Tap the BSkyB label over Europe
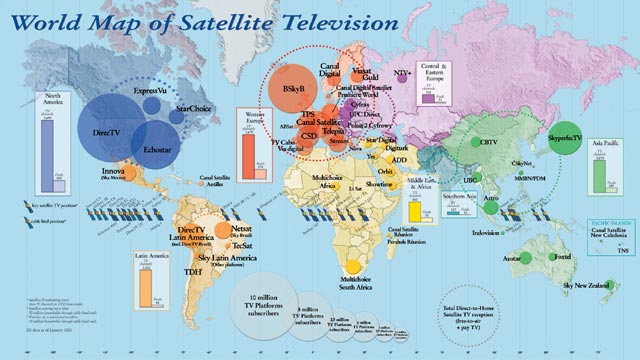coord(294,90)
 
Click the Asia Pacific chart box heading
coord(603,143)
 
